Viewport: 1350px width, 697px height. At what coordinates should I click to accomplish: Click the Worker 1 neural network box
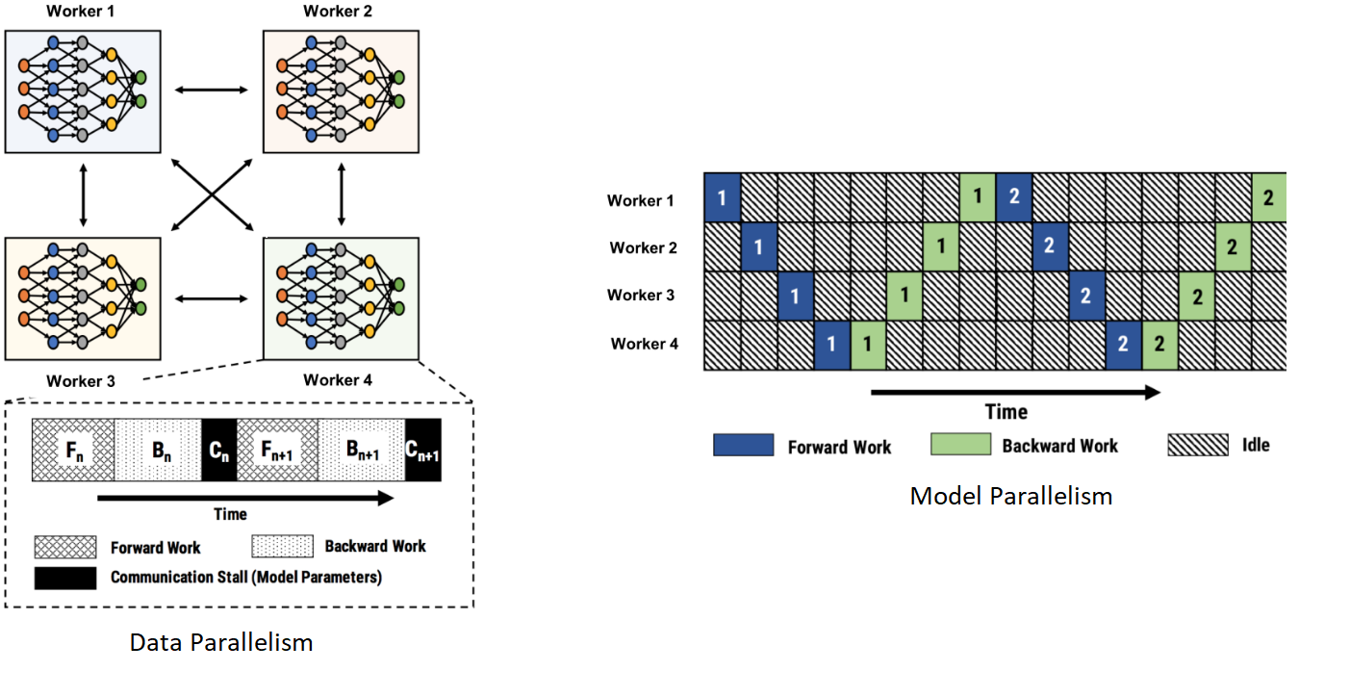(x=83, y=90)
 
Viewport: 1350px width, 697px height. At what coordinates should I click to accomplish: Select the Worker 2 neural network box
(x=341, y=90)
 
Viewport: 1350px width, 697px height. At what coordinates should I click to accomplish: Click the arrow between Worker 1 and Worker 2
(x=212, y=90)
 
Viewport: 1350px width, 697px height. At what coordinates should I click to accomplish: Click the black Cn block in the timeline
(x=218, y=451)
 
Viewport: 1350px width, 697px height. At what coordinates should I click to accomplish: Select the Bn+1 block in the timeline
(x=361, y=451)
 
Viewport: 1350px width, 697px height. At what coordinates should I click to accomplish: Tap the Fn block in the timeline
(x=73, y=451)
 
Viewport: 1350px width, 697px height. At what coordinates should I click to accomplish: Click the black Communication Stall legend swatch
(x=65, y=578)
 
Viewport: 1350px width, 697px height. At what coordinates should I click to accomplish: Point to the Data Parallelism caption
(x=221, y=642)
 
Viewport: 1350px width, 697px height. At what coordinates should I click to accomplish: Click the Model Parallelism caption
(x=1010, y=496)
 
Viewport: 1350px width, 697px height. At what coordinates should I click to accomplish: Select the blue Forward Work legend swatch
(x=743, y=445)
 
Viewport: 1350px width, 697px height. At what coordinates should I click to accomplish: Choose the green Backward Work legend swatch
(x=960, y=445)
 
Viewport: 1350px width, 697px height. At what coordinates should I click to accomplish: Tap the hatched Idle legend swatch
(x=1198, y=445)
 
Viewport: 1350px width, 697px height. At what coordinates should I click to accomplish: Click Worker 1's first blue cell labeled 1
(x=723, y=198)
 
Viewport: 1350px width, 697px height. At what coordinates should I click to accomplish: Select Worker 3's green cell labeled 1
(x=904, y=296)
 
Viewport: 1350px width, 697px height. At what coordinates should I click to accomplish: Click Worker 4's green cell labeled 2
(x=1159, y=345)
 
